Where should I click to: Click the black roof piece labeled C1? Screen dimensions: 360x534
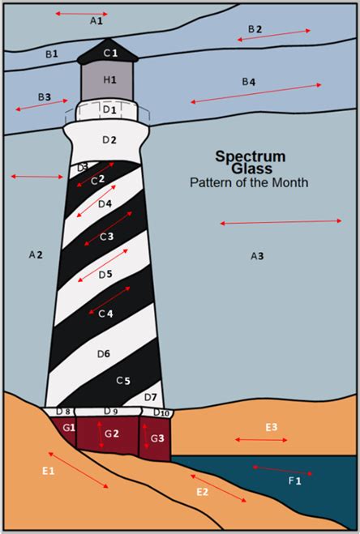click(x=108, y=52)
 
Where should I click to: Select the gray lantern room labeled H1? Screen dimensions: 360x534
click(x=107, y=81)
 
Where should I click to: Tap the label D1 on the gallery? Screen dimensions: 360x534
click(x=109, y=110)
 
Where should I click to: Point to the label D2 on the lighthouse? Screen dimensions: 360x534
click(x=109, y=139)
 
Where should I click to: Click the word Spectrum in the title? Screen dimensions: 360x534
click(x=251, y=157)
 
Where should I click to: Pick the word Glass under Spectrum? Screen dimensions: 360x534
click(x=251, y=169)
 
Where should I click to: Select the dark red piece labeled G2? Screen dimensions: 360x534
click(x=107, y=435)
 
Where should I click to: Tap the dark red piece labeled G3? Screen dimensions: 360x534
click(x=155, y=438)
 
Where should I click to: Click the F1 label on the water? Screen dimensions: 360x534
click(x=295, y=481)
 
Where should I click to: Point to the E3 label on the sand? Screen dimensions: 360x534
click(x=272, y=427)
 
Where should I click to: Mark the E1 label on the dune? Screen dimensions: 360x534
click(x=49, y=471)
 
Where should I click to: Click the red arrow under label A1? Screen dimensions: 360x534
click(x=81, y=14)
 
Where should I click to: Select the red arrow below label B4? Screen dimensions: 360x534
click(x=256, y=93)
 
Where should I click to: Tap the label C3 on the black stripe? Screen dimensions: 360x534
click(x=106, y=237)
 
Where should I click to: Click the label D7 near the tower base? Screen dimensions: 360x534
click(x=150, y=397)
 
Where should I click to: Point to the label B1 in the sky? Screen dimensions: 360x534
click(x=52, y=53)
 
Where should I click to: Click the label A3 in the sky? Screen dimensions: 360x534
click(x=257, y=256)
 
